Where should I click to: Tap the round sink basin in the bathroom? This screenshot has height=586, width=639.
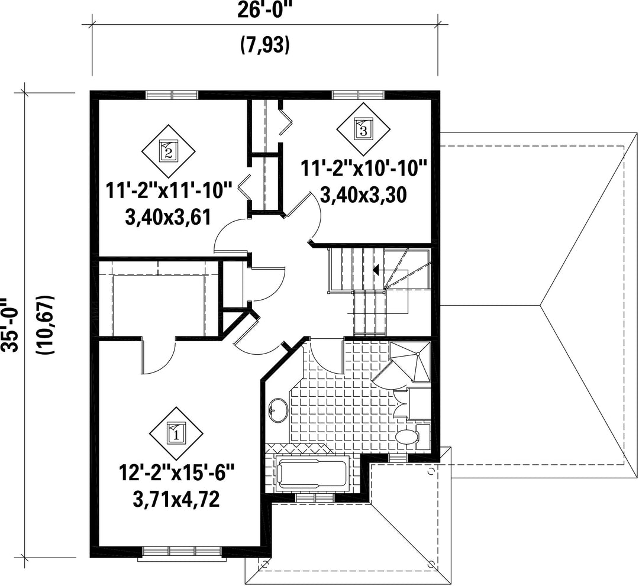click(278, 410)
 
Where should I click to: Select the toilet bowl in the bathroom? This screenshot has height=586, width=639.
click(408, 438)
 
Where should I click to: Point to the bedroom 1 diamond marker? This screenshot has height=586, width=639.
click(176, 433)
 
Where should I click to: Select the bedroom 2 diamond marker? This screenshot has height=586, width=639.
click(168, 151)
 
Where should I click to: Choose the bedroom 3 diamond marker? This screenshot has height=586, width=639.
click(363, 129)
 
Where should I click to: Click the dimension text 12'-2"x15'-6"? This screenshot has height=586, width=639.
click(176, 474)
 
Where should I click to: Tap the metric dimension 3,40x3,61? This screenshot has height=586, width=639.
click(168, 216)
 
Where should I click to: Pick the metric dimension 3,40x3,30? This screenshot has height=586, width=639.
click(363, 195)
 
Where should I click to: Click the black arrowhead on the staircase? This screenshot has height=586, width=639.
click(376, 269)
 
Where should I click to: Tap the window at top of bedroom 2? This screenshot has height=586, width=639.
click(172, 95)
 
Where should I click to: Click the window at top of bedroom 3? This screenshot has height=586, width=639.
click(358, 95)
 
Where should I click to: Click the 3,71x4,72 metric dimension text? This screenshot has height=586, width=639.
click(176, 499)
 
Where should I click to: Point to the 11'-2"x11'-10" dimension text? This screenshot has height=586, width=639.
click(168, 191)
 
